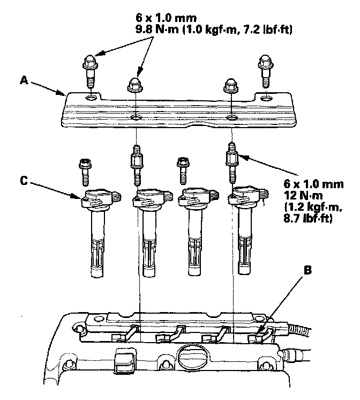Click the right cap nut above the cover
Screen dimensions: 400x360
(231, 85)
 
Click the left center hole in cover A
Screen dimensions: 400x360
(136, 118)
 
